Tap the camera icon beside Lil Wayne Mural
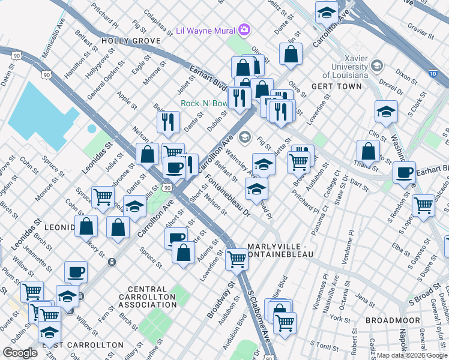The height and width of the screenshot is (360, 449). [x=244, y=29]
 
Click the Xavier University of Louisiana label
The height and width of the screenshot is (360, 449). [x=345, y=70]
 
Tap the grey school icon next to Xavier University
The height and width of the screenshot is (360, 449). [x=378, y=65]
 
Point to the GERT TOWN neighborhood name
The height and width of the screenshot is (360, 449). [x=337, y=86]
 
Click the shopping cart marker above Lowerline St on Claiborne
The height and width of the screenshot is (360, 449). [x=237, y=258]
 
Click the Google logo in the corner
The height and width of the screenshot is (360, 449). [x=20, y=353]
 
